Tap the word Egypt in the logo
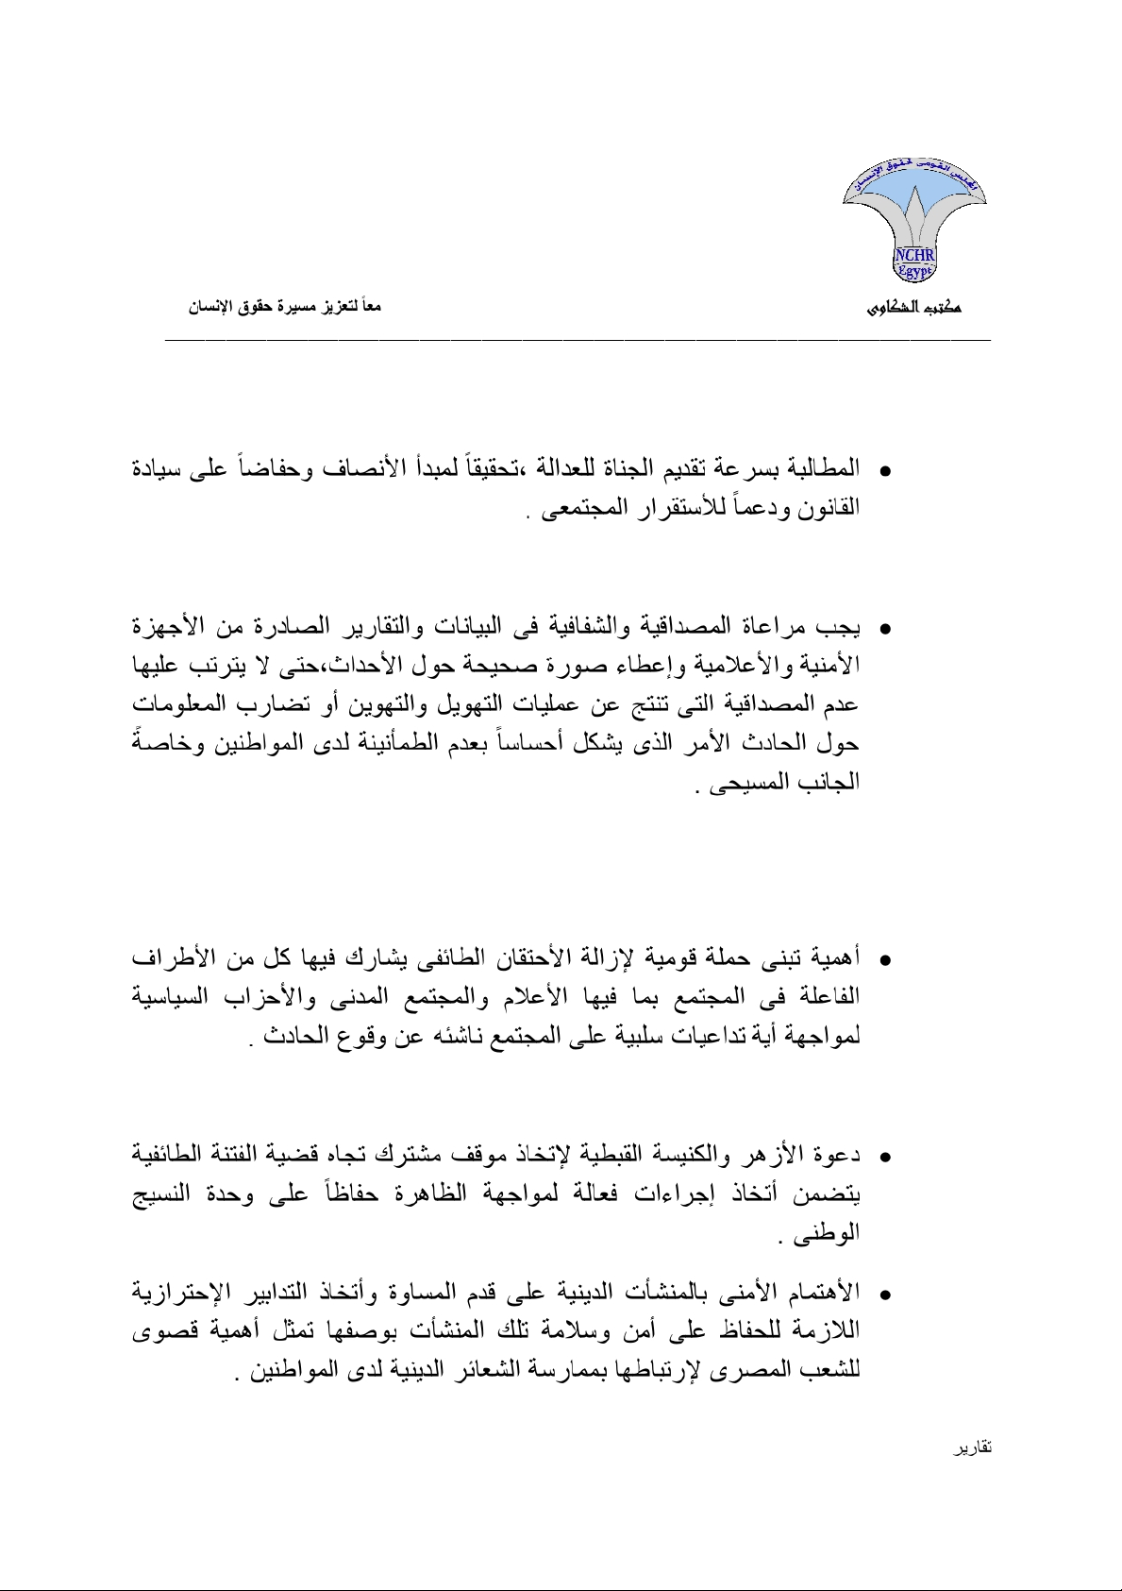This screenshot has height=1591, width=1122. [913, 271]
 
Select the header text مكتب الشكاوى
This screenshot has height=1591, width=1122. [913, 308]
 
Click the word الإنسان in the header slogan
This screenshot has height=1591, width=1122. [210, 308]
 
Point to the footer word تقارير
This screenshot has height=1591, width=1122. [972, 1447]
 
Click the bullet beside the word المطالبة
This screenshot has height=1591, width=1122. [885, 469]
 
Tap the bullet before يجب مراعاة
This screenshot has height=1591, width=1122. [885, 628]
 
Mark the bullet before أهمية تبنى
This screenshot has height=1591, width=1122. [885, 960]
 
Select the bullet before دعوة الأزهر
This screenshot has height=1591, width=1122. [885, 1157]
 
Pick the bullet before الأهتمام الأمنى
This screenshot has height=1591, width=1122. [885, 1293]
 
